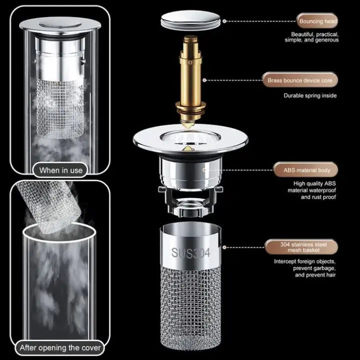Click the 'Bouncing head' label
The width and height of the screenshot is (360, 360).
tap(318, 21)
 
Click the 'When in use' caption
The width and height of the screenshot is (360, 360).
tap(60, 170)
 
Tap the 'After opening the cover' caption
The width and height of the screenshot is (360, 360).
tap(60, 347)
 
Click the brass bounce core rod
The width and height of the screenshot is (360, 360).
tap(190, 75)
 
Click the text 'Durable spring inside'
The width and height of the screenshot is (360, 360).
tap(310, 95)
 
